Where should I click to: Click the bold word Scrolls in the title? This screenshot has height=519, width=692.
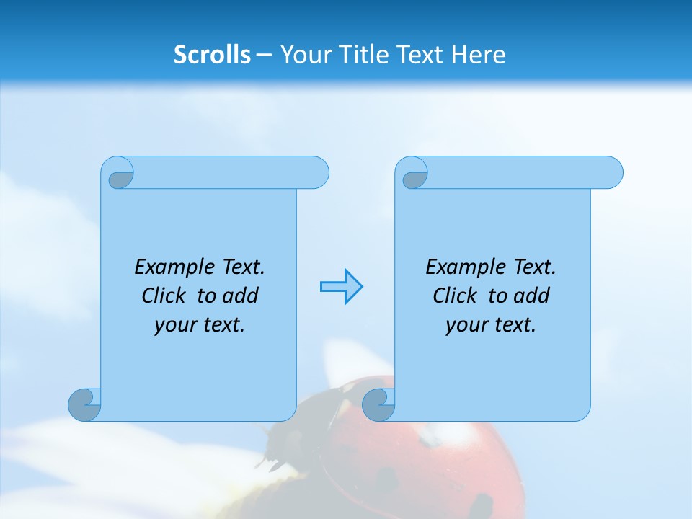coord(212,55)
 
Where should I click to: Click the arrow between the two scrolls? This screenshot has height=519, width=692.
coord(341,287)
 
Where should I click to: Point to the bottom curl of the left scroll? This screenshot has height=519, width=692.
coord(84,404)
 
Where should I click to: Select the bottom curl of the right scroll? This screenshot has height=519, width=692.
coord(378,404)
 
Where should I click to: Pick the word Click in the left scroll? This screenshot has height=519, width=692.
coord(166,296)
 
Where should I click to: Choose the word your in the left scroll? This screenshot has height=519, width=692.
coord(174,325)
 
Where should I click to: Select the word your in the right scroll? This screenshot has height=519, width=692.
coord(466,325)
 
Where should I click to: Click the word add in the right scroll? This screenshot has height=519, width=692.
coord(531,296)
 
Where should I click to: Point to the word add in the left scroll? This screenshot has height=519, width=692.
coord(240,296)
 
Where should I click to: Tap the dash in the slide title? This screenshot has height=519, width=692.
coord(264,55)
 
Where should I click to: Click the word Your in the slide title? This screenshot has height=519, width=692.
coord(301,55)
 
